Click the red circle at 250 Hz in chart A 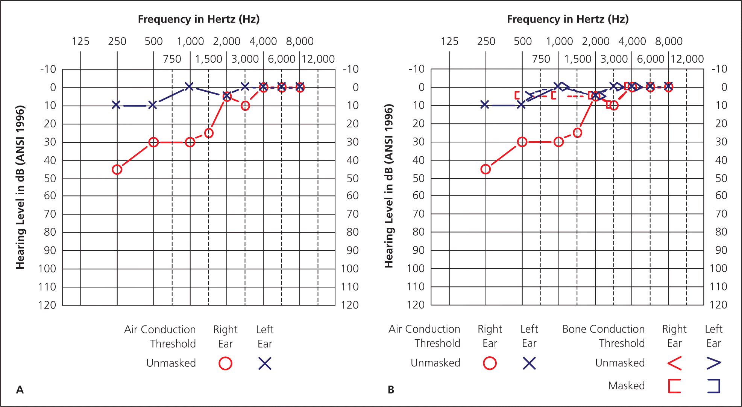point(117,169)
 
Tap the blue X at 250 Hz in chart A point(116,105)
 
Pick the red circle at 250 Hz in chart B point(486,169)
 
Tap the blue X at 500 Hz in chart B point(521,104)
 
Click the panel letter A point(20,390)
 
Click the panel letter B point(391,390)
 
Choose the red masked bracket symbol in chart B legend point(674,386)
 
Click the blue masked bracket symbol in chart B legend point(713,386)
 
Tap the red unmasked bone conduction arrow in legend point(674,363)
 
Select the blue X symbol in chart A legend point(265,363)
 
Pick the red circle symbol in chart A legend point(225,363)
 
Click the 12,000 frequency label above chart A point(318,59)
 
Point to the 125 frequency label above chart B point(449,41)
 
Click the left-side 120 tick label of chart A point(47,305)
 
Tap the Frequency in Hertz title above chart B point(568,19)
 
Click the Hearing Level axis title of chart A point(20,187)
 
